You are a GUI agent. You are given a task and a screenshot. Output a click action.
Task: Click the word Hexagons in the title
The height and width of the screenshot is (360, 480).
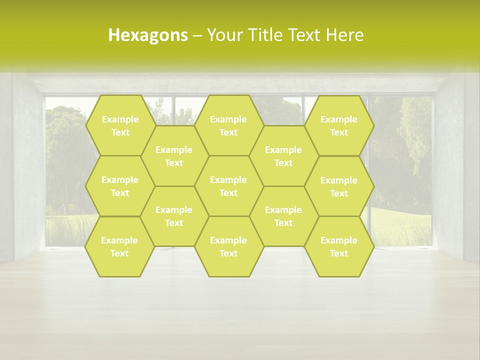click(148, 35)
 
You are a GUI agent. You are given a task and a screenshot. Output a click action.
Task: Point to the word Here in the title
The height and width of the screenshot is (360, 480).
click(344, 35)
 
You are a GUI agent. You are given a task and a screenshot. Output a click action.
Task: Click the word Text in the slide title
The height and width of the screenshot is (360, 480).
click(305, 35)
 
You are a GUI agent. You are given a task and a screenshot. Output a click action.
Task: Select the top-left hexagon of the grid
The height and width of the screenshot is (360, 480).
click(120, 125)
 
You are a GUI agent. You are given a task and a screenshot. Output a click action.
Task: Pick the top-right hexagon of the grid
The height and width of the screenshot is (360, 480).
click(339, 125)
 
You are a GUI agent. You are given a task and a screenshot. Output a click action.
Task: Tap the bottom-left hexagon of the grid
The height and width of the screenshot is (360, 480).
click(119, 246)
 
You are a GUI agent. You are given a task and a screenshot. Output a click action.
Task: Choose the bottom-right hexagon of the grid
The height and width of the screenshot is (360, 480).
click(339, 246)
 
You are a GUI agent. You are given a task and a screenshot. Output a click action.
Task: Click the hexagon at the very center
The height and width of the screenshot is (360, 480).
click(228, 186)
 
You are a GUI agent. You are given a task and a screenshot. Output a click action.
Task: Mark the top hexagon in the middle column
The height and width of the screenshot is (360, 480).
click(228, 125)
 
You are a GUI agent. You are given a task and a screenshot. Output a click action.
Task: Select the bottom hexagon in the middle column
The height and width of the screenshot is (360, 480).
click(228, 246)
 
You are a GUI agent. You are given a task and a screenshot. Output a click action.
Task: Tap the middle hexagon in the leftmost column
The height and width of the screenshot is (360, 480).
click(120, 186)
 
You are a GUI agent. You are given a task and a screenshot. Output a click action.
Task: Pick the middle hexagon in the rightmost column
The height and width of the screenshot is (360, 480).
click(339, 186)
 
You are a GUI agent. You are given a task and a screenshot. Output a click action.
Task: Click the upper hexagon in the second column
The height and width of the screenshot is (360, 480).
click(174, 156)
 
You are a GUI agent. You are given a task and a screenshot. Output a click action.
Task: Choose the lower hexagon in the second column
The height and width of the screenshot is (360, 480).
click(174, 216)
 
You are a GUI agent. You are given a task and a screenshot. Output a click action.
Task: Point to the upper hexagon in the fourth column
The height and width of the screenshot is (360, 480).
click(283, 156)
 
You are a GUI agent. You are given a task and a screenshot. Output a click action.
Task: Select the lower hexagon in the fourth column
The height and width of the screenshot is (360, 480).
click(283, 216)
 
